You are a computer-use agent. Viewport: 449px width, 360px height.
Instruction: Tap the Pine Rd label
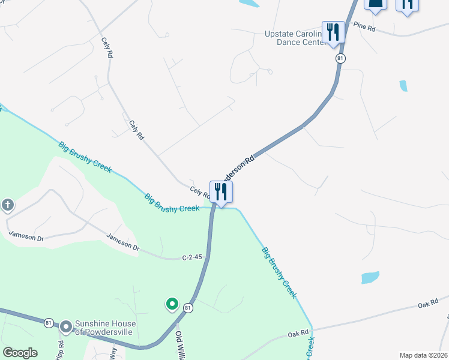pyautogui.click(x=364, y=27)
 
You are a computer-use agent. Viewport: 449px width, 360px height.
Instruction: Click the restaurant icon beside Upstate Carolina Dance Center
pyautogui.click(x=333, y=31)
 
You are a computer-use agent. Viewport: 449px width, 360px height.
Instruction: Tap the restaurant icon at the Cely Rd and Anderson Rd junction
pyautogui.click(x=221, y=192)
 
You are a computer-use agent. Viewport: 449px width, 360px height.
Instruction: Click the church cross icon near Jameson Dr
pyautogui.click(x=7, y=206)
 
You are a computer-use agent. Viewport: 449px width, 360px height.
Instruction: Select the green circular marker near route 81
pyautogui.click(x=172, y=304)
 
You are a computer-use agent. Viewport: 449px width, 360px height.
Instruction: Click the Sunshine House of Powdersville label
pyautogui.click(x=105, y=328)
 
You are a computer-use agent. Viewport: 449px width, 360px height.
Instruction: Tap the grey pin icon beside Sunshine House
pyautogui.click(x=65, y=327)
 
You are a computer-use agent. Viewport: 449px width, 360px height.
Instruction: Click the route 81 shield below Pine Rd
pyautogui.click(x=340, y=58)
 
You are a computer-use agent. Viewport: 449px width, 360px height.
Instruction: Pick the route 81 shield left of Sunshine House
pyautogui.click(x=49, y=323)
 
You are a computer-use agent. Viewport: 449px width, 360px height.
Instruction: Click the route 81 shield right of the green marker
pyautogui.click(x=188, y=308)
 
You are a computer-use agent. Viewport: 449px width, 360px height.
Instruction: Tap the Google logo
pyautogui.click(x=20, y=353)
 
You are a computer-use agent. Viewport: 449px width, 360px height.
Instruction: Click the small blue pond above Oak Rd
pyautogui.click(x=370, y=277)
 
